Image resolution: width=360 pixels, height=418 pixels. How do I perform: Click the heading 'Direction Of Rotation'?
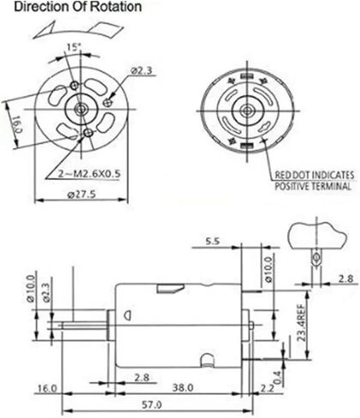point(78,7)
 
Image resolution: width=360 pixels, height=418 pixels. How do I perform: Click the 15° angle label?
point(74,47)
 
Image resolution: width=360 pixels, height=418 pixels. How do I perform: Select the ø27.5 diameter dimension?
point(81,194)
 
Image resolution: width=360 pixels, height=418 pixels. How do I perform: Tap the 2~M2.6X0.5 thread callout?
point(89,174)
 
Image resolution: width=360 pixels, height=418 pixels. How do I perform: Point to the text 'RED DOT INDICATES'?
point(315,175)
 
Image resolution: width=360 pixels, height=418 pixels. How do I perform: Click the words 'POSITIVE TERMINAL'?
point(313,186)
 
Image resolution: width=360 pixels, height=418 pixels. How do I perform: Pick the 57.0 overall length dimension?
point(152,404)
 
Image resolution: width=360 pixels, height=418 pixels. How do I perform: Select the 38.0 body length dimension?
point(183,387)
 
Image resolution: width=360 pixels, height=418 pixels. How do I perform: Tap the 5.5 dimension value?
point(213,242)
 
